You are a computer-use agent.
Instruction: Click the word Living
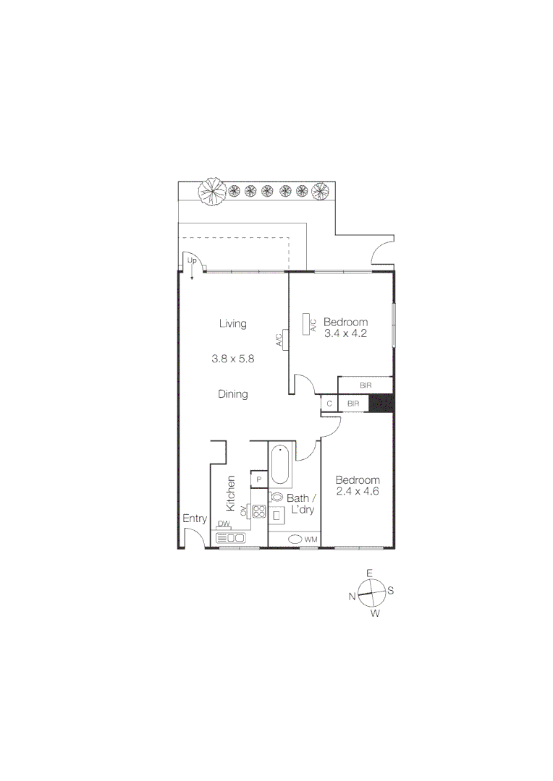pyautogui.click(x=232, y=323)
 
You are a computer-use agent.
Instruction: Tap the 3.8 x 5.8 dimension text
pyautogui.click(x=232, y=358)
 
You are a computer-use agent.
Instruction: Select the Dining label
pyautogui.click(x=232, y=394)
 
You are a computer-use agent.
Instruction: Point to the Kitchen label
pyautogui.click(x=232, y=491)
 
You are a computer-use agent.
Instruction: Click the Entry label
pyautogui.click(x=194, y=518)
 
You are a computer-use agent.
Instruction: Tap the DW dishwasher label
pyautogui.click(x=224, y=524)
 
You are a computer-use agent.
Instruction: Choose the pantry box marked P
pyautogui.click(x=258, y=479)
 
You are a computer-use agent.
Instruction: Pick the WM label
pyautogui.click(x=311, y=539)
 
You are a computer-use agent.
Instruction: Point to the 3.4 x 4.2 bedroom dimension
pyautogui.click(x=345, y=333)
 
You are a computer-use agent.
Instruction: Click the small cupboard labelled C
pyautogui.click(x=329, y=404)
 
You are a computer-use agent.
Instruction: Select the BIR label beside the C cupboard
pyautogui.click(x=354, y=404)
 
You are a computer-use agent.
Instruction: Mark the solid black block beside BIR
pyautogui.click(x=381, y=404)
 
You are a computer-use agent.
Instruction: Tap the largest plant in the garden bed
pyautogui.click(x=213, y=192)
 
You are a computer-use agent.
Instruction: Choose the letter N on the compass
pyautogui.click(x=353, y=597)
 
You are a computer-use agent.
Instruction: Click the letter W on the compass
pyautogui.click(x=374, y=613)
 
